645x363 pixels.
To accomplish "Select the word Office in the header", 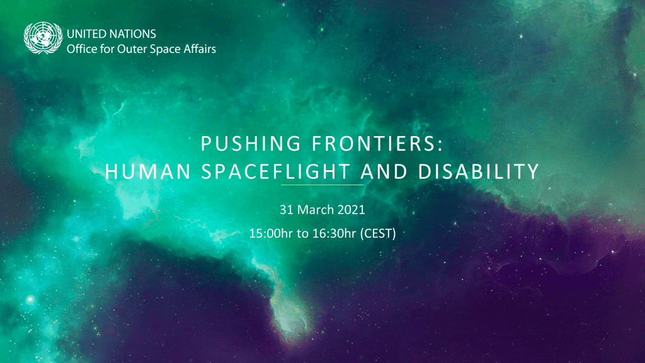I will tap(81, 49).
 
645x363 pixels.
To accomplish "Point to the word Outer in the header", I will tap(130, 49).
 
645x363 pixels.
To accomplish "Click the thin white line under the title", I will tap(322, 185).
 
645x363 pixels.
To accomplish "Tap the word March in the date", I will tap(312, 209).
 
